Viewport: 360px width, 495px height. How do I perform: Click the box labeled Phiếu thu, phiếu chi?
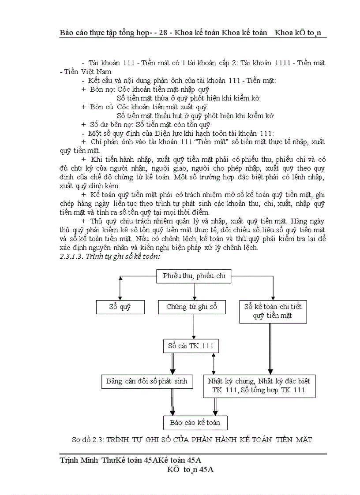(194, 276)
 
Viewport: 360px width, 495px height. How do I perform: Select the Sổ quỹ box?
(120, 307)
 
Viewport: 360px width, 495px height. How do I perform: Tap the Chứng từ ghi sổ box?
(192, 307)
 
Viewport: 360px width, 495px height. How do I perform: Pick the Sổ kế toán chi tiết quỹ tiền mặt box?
(273, 311)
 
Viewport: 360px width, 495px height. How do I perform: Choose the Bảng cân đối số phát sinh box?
(147, 381)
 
